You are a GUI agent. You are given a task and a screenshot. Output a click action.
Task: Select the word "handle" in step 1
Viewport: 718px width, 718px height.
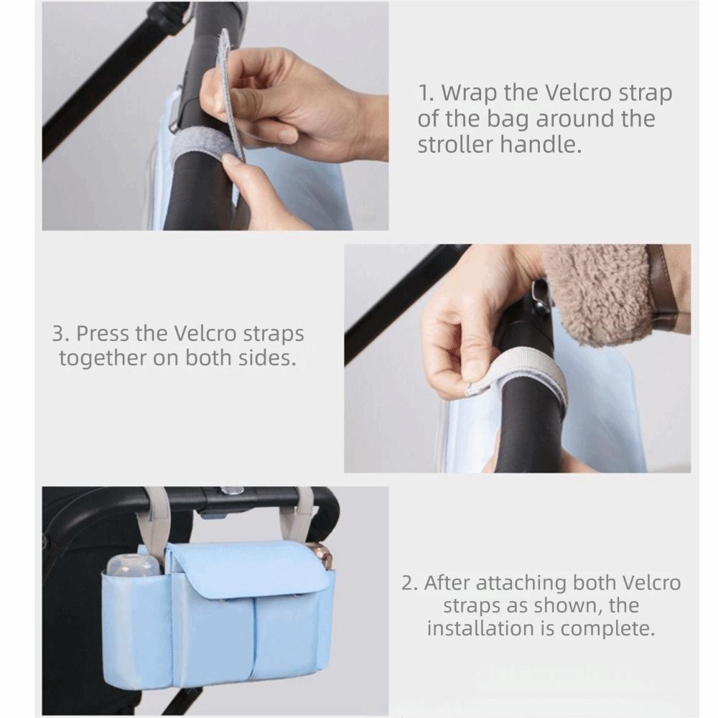point(540,145)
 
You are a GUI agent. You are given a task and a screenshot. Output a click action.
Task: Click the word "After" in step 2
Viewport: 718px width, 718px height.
point(447,583)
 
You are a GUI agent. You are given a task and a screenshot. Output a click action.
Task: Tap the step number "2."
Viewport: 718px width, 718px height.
point(410,583)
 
